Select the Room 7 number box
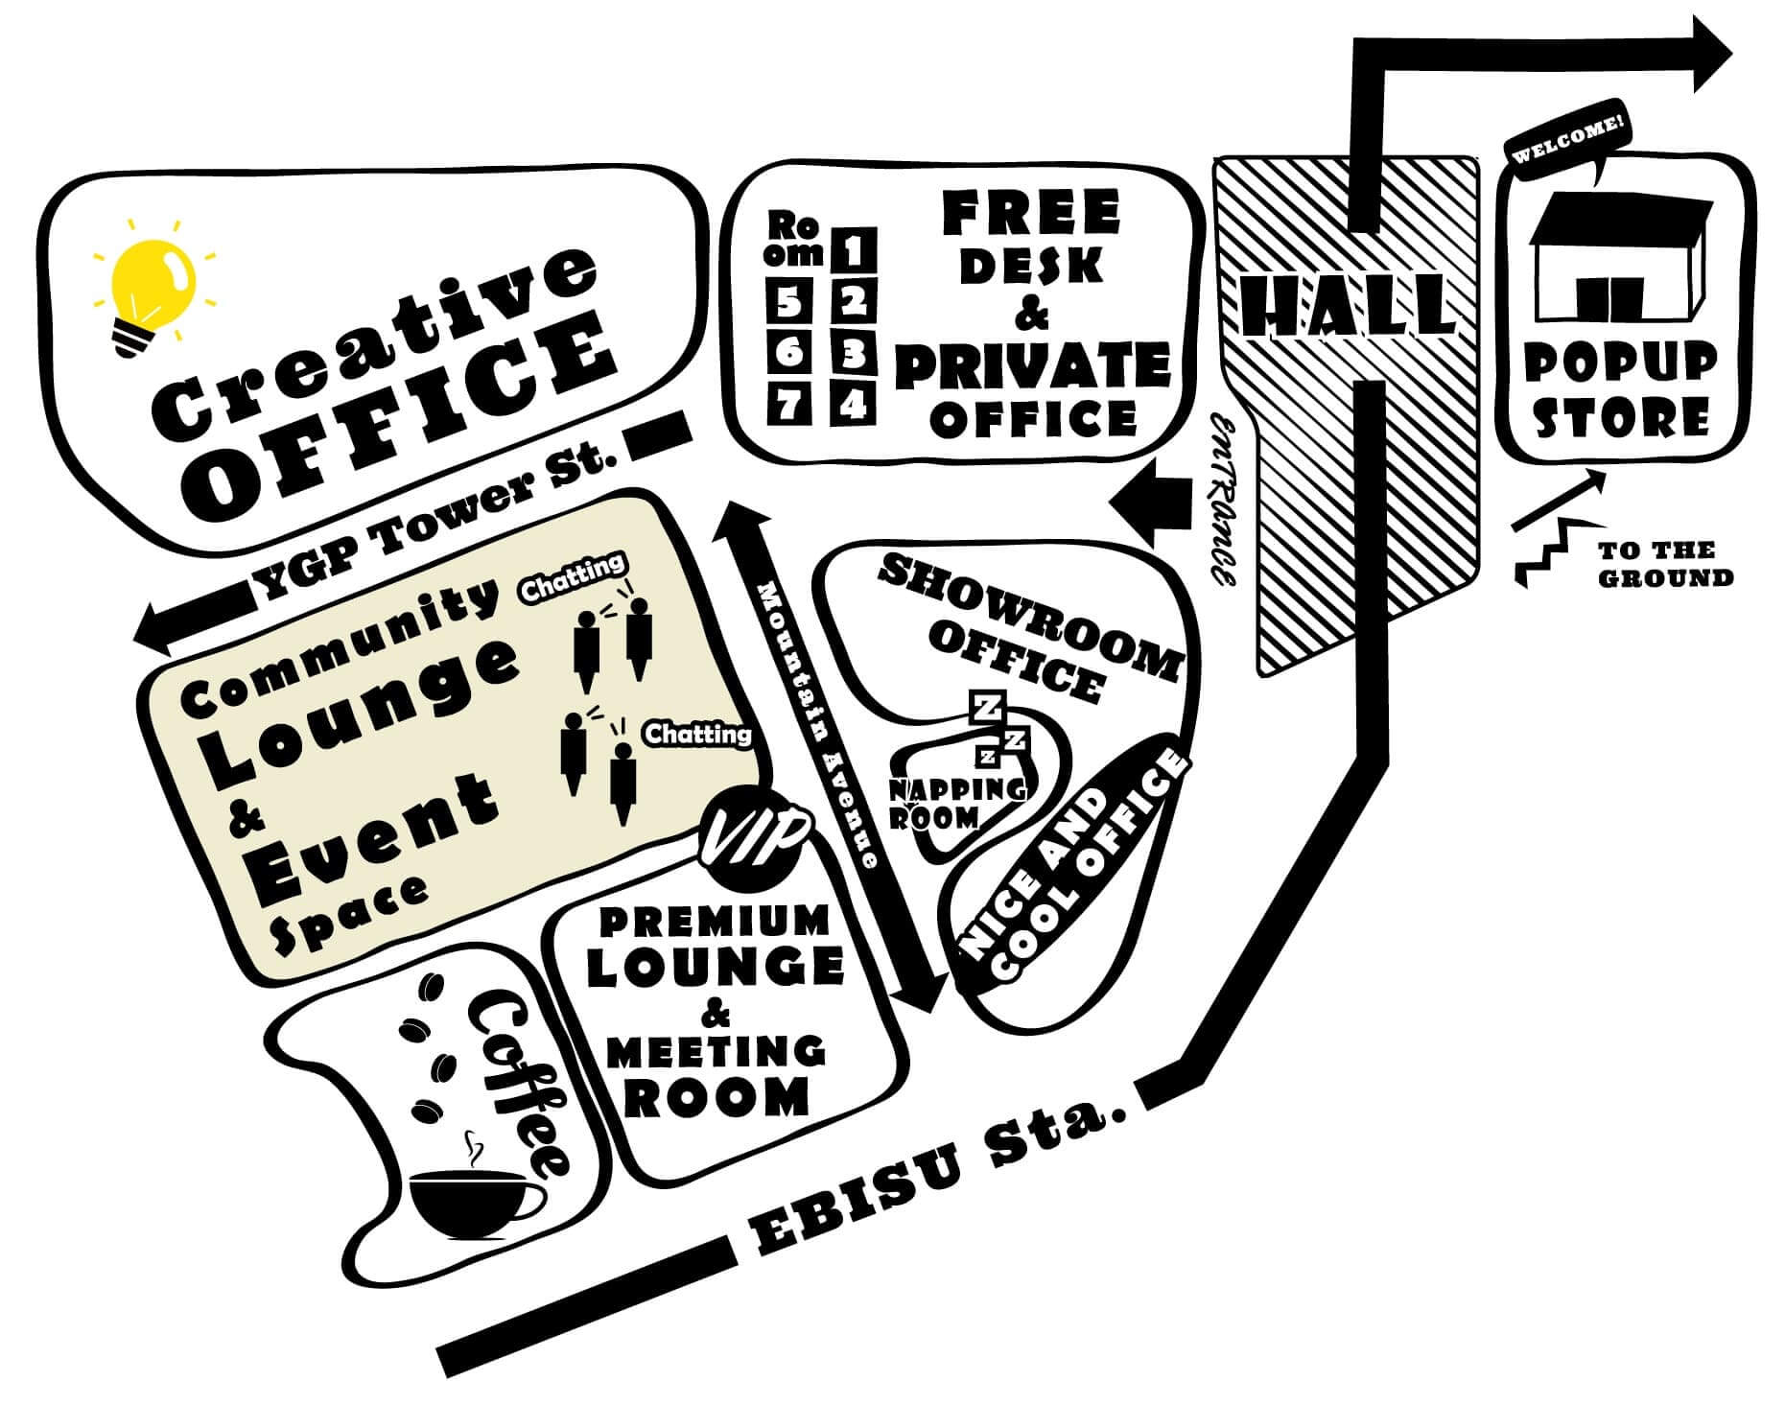point(789,406)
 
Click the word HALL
point(1347,305)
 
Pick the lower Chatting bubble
point(697,735)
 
